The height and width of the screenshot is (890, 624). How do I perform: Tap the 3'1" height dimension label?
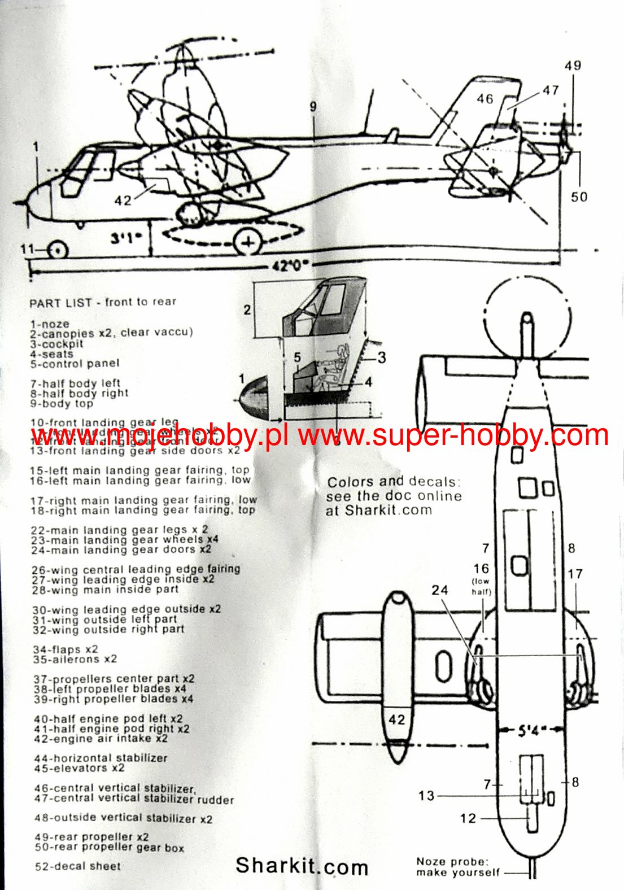(125, 238)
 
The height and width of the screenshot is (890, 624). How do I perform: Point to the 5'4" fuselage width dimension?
(529, 731)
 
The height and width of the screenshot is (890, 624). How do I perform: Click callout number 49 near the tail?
(573, 66)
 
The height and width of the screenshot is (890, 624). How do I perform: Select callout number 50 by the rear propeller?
(579, 197)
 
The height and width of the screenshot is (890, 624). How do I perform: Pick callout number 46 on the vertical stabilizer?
(485, 99)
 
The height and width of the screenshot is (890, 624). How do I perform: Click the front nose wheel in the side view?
(57, 250)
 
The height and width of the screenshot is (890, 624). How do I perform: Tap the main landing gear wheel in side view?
(248, 242)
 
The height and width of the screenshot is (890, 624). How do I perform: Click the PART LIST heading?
(103, 302)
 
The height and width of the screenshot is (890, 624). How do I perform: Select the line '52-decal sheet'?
(78, 866)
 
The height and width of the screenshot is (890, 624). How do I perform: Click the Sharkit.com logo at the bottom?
(302, 866)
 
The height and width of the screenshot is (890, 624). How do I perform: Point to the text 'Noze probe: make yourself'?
(457, 867)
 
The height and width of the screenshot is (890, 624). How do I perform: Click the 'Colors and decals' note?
(394, 496)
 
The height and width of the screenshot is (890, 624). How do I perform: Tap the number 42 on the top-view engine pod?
(396, 719)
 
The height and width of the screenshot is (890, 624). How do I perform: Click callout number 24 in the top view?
(440, 590)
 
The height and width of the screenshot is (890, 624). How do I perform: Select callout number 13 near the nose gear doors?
(426, 796)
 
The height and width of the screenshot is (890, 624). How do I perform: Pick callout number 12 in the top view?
(468, 818)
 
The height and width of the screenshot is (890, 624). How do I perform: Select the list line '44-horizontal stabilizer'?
(101, 758)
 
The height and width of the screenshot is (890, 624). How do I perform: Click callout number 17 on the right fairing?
(575, 574)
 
